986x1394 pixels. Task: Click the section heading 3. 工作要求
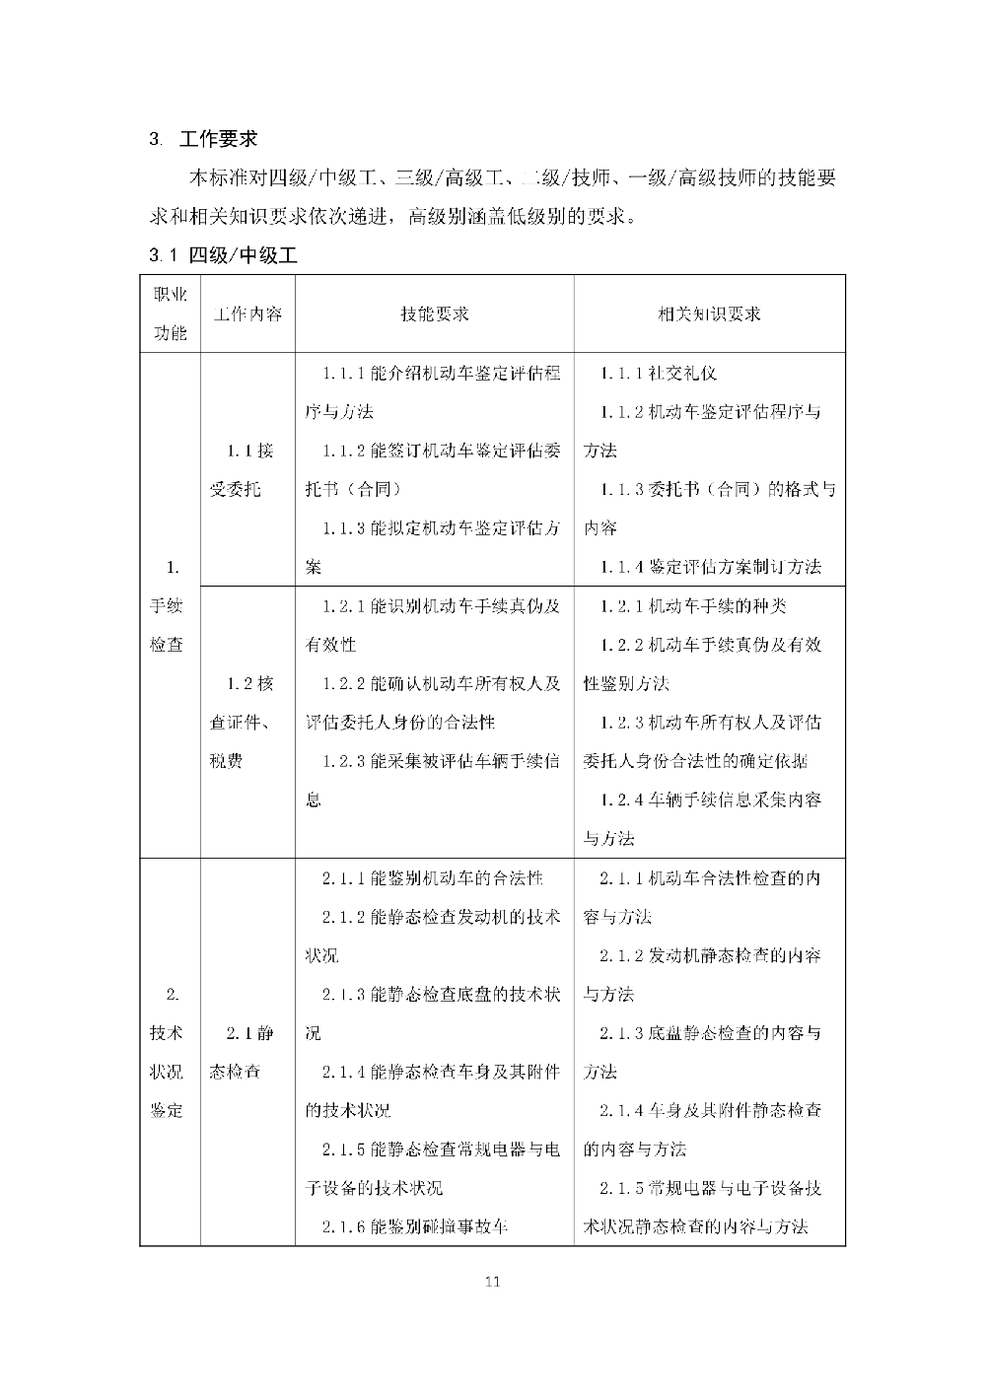(x=204, y=139)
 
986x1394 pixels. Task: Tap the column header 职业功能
(x=170, y=314)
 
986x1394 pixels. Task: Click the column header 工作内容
(x=247, y=314)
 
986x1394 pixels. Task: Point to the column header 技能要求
(x=434, y=314)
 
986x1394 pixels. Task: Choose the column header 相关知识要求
(x=709, y=314)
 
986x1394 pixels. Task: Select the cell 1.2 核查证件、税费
(x=242, y=723)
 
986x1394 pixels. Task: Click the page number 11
(x=493, y=1282)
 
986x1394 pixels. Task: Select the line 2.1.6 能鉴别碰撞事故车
(x=414, y=1226)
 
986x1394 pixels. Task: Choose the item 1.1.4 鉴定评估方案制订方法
(x=710, y=567)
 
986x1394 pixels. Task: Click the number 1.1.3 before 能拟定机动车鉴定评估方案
(x=344, y=528)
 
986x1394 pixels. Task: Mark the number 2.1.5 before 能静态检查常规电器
(x=344, y=1149)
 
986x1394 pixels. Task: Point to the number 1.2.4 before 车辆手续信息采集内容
(x=622, y=800)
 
